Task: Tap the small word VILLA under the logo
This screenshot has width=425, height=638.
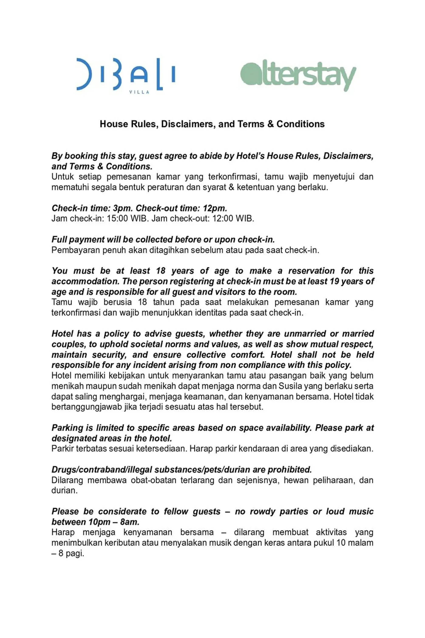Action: (139, 92)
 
